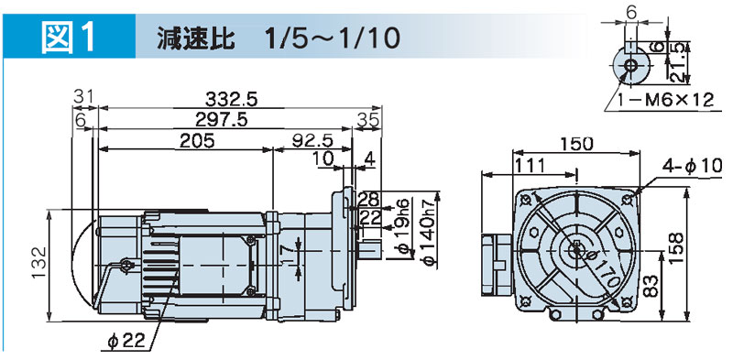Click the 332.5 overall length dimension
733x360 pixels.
pyautogui.click(x=232, y=100)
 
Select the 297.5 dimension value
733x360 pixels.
pyautogui.click(x=221, y=120)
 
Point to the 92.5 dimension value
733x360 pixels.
pyautogui.click(x=312, y=140)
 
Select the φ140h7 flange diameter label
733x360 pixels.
pyautogui.click(x=429, y=232)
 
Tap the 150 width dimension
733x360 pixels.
pyautogui.click(x=576, y=144)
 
